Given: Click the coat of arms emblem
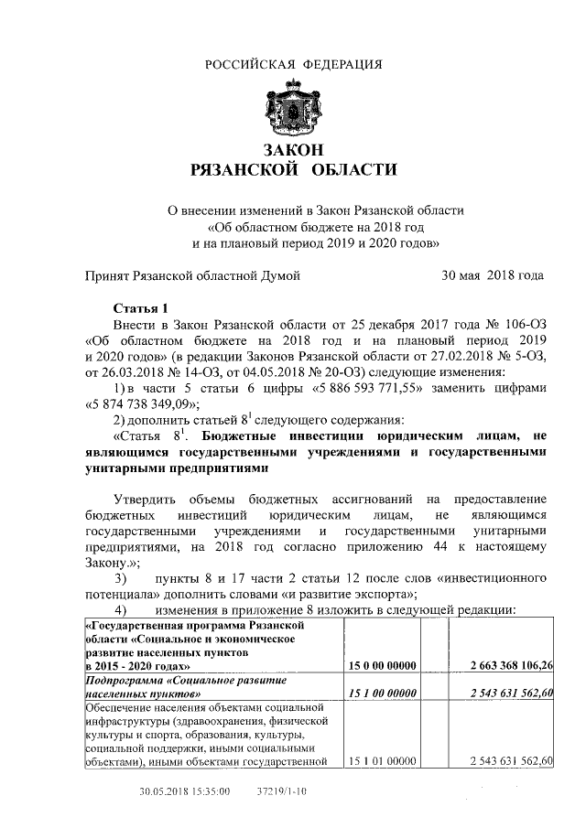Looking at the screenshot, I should (293, 107).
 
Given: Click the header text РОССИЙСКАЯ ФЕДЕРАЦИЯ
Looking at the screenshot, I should (293, 63).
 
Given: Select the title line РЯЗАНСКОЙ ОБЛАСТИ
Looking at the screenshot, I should (293, 169).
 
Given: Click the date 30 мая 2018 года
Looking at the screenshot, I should (493, 274).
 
